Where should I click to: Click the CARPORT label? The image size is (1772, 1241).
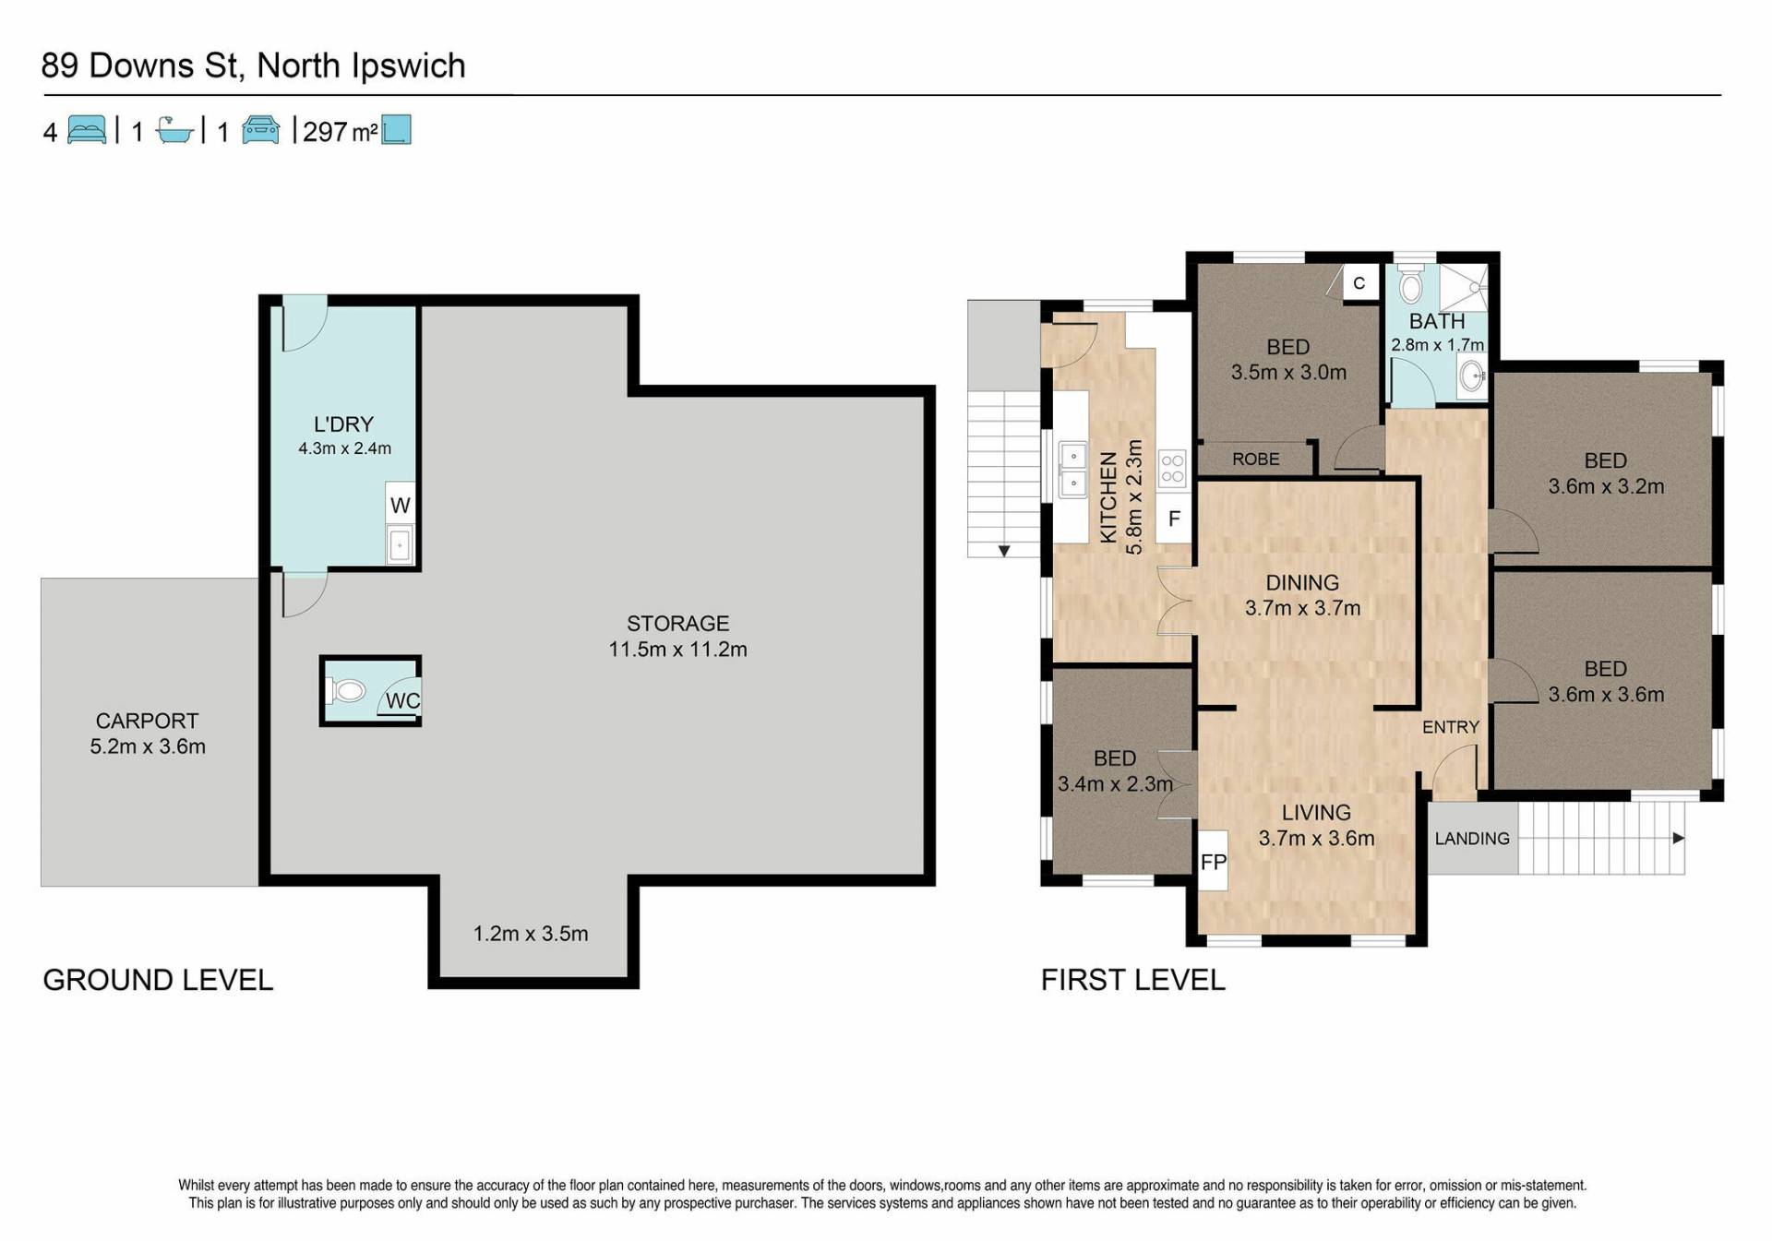click(148, 721)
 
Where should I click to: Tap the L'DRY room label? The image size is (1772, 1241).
click(343, 424)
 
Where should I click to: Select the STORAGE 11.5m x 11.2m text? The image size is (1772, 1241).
click(677, 637)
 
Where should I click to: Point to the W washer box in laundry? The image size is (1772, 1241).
click(400, 505)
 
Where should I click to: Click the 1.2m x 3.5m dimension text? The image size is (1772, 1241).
click(531, 934)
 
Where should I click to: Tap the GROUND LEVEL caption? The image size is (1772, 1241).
click(158, 980)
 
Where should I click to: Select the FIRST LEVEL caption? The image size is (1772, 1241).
click(1133, 980)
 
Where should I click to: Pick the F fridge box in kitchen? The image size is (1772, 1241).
click(1174, 519)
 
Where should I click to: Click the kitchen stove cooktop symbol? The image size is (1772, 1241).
click(1172, 469)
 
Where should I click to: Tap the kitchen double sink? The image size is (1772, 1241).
click(1072, 470)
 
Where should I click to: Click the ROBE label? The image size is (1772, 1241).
click(1255, 459)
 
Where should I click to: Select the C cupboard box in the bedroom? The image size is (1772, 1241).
click(1359, 283)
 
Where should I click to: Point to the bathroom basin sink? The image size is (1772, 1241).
click(1472, 376)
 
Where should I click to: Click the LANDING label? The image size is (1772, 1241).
click(1472, 839)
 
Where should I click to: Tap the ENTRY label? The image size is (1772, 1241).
click(1450, 727)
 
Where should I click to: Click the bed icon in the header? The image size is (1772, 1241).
click(87, 130)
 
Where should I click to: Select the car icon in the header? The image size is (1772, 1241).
click(260, 130)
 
